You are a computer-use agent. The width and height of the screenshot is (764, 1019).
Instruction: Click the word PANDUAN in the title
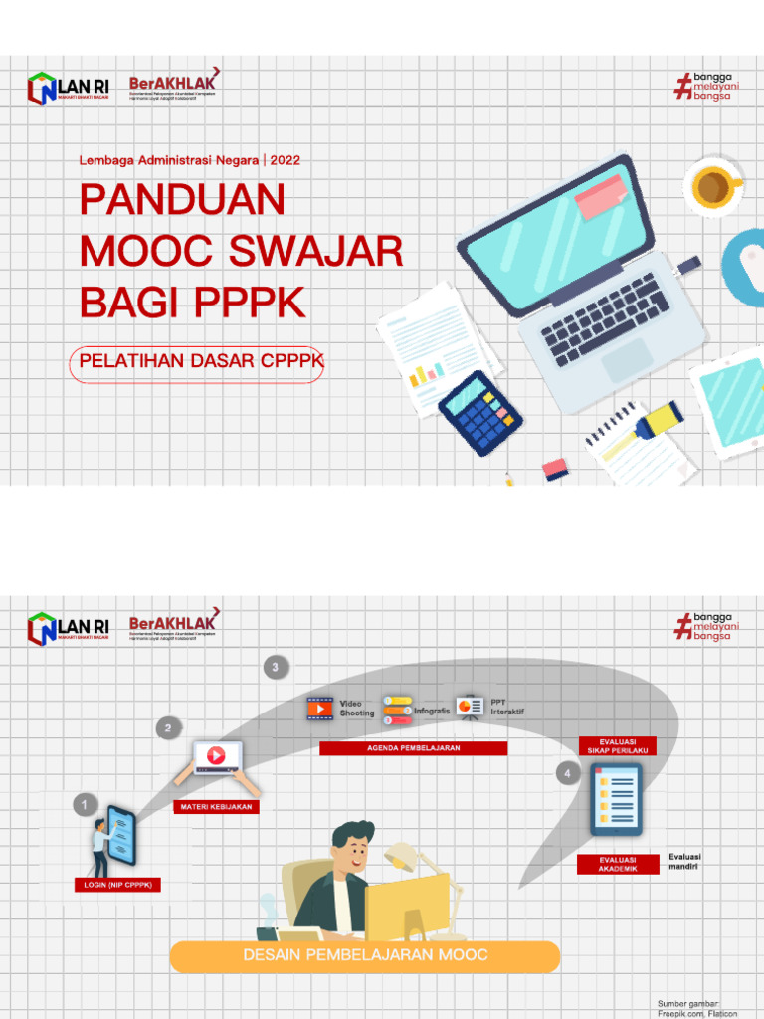pyautogui.click(x=182, y=200)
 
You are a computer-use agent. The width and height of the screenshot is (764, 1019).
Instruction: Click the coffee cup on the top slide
pyautogui.click(x=712, y=185)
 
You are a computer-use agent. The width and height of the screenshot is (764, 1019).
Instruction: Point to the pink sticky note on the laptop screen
pyautogui.click(x=600, y=196)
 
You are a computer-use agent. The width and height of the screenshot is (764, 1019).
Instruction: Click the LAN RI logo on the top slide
pyautogui.click(x=68, y=90)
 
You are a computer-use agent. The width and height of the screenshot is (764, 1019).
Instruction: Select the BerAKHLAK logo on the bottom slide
pyautogui.click(x=174, y=627)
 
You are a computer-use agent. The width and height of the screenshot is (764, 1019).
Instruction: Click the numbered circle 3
pyautogui.click(x=276, y=668)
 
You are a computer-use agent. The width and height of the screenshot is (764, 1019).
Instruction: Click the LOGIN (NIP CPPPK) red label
pyautogui.click(x=117, y=885)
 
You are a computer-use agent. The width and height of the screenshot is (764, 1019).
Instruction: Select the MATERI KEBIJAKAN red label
pyautogui.click(x=216, y=807)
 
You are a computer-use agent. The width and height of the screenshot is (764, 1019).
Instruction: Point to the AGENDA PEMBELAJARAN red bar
pyautogui.click(x=413, y=748)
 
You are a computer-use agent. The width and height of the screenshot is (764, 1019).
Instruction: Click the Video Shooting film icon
pyautogui.click(x=319, y=709)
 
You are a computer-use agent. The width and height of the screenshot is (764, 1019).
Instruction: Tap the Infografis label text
pyautogui.click(x=433, y=711)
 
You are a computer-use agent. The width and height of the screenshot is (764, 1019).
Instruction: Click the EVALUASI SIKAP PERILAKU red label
pyautogui.click(x=618, y=746)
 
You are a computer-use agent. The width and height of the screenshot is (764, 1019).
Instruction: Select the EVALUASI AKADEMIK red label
pyautogui.click(x=618, y=864)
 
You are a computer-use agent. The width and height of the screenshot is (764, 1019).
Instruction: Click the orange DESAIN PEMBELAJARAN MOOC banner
pyautogui.click(x=365, y=955)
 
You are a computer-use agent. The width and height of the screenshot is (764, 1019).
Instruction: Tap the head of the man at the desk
pyautogui.click(x=351, y=848)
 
